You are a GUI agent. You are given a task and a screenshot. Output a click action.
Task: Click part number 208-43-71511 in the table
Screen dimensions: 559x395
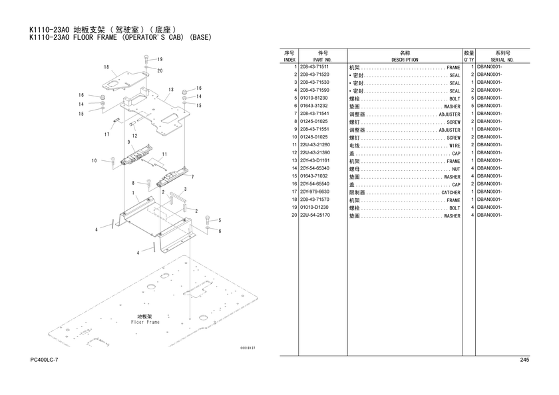pyautogui.click(x=314, y=66)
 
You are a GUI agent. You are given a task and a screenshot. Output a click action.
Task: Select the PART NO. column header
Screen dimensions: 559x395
pyautogui.click(x=322, y=60)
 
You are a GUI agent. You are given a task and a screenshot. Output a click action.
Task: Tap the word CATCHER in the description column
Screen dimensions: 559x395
pyautogui.click(x=451, y=192)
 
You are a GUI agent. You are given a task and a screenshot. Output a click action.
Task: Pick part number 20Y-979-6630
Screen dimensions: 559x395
pyautogui.click(x=314, y=192)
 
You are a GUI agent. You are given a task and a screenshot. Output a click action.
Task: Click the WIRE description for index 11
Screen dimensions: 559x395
pyautogui.click(x=455, y=146)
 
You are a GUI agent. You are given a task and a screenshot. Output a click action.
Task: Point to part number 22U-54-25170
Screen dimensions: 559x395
pyautogui.click(x=315, y=215)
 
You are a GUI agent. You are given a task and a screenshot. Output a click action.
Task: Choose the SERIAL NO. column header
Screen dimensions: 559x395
pyautogui.click(x=502, y=60)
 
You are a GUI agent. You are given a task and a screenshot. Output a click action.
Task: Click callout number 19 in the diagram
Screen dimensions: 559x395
pyautogui.click(x=160, y=59)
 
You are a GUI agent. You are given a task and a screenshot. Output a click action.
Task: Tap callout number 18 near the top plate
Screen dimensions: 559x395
pyautogui.click(x=106, y=67)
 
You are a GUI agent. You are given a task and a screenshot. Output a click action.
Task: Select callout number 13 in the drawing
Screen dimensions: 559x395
pyautogui.click(x=171, y=89)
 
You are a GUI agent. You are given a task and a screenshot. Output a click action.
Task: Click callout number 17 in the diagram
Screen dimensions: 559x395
pyautogui.click(x=107, y=134)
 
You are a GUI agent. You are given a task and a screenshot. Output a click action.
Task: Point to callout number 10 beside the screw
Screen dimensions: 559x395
pyautogui.click(x=94, y=161)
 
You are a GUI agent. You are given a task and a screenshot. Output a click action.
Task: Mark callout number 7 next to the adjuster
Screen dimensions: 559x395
pyautogui.click(x=193, y=177)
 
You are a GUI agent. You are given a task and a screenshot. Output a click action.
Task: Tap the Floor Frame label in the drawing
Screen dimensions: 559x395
pyautogui.click(x=145, y=322)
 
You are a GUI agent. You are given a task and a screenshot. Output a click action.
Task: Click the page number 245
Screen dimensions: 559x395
pyautogui.click(x=524, y=360)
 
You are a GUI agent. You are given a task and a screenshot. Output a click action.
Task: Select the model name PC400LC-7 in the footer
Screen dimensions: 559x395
pyautogui.click(x=44, y=360)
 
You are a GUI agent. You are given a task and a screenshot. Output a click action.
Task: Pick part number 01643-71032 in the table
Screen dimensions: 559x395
pyautogui.click(x=313, y=176)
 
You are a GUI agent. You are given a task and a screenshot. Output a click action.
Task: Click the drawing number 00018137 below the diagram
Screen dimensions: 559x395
pyautogui.click(x=248, y=348)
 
